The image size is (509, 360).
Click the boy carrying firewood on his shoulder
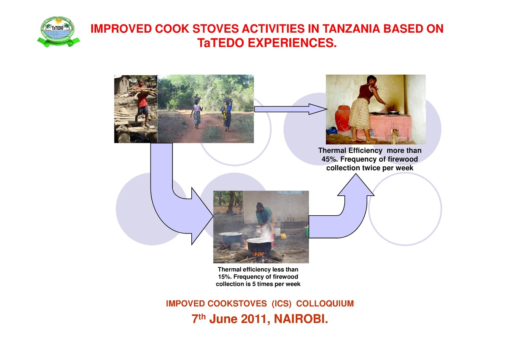(142, 102)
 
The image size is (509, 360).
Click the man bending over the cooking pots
(265, 217)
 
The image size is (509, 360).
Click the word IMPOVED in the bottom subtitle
(184, 304)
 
